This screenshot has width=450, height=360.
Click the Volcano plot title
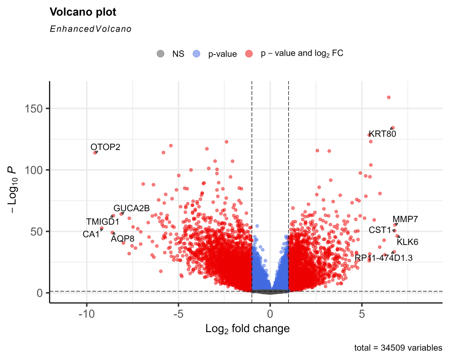pyautogui.click(x=83, y=12)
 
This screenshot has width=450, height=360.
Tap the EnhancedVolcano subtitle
pyautogui.click(x=90, y=29)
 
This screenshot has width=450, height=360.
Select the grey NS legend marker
pyautogui.click(x=160, y=54)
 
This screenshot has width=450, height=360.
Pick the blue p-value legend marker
pyautogui.click(x=197, y=54)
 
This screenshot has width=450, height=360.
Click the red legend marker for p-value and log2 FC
pyautogui.click(x=249, y=54)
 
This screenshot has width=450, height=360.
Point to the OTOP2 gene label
pyautogui.click(x=105, y=147)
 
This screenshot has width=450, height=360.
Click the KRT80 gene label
pyautogui.click(x=382, y=134)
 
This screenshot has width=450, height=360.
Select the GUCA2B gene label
pyautogui.click(x=131, y=208)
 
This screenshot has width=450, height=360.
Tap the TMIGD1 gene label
pyautogui.click(x=102, y=222)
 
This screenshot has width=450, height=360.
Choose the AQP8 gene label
pyautogui.click(x=122, y=239)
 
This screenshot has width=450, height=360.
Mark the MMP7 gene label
pyautogui.click(x=405, y=219)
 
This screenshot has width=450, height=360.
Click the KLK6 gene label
pyautogui.click(x=407, y=242)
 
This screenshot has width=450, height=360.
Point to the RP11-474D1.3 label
pyautogui.click(x=383, y=258)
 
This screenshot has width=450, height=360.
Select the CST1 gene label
pyautogui.click(x=380, y=230)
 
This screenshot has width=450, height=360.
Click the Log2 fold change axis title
pyautogui.click(x=247, y=329)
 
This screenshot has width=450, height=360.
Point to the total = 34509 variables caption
pyautogui.click(x=397, y=347)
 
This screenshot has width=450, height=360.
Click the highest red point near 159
pyautogui.click(x=389, y=97)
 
